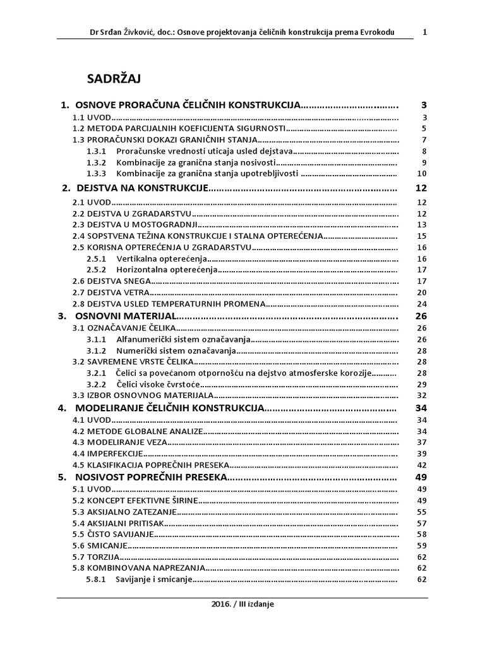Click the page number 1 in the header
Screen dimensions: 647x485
[x=424, y=32]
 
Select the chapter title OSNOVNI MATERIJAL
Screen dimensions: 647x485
[x=125, y=315]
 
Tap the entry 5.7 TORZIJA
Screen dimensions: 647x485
[x=95, y=557]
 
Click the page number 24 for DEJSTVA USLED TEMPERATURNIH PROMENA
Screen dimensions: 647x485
[x=422, y=303]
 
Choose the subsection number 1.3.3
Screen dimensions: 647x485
[x=96, y=173]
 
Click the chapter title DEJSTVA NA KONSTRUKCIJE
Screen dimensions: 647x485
[x=142, y=188]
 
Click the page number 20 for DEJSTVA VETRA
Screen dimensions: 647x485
[x=422, y=292]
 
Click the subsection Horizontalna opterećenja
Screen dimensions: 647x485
[x=167, y=269]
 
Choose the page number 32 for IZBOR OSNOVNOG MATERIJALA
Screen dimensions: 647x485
[x=422, y=396]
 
